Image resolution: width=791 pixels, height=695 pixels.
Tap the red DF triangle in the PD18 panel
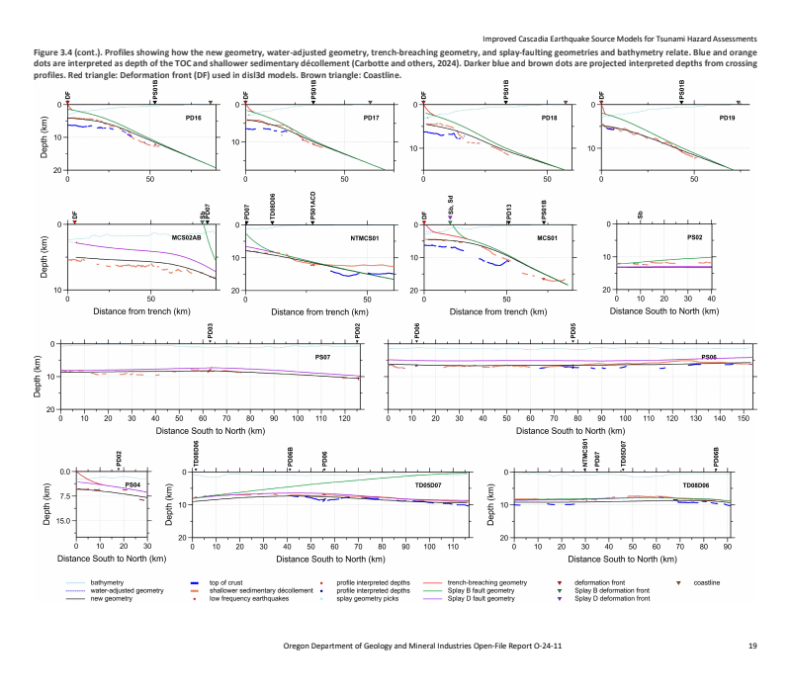click(423, 103)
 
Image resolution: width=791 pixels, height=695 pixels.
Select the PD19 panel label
click(727, 118)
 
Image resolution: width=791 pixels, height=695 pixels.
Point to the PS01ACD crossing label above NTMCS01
click(312, 208)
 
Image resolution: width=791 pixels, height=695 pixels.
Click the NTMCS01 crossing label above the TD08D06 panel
click(585, 456)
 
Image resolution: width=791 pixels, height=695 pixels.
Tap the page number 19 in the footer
click(753, 646)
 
